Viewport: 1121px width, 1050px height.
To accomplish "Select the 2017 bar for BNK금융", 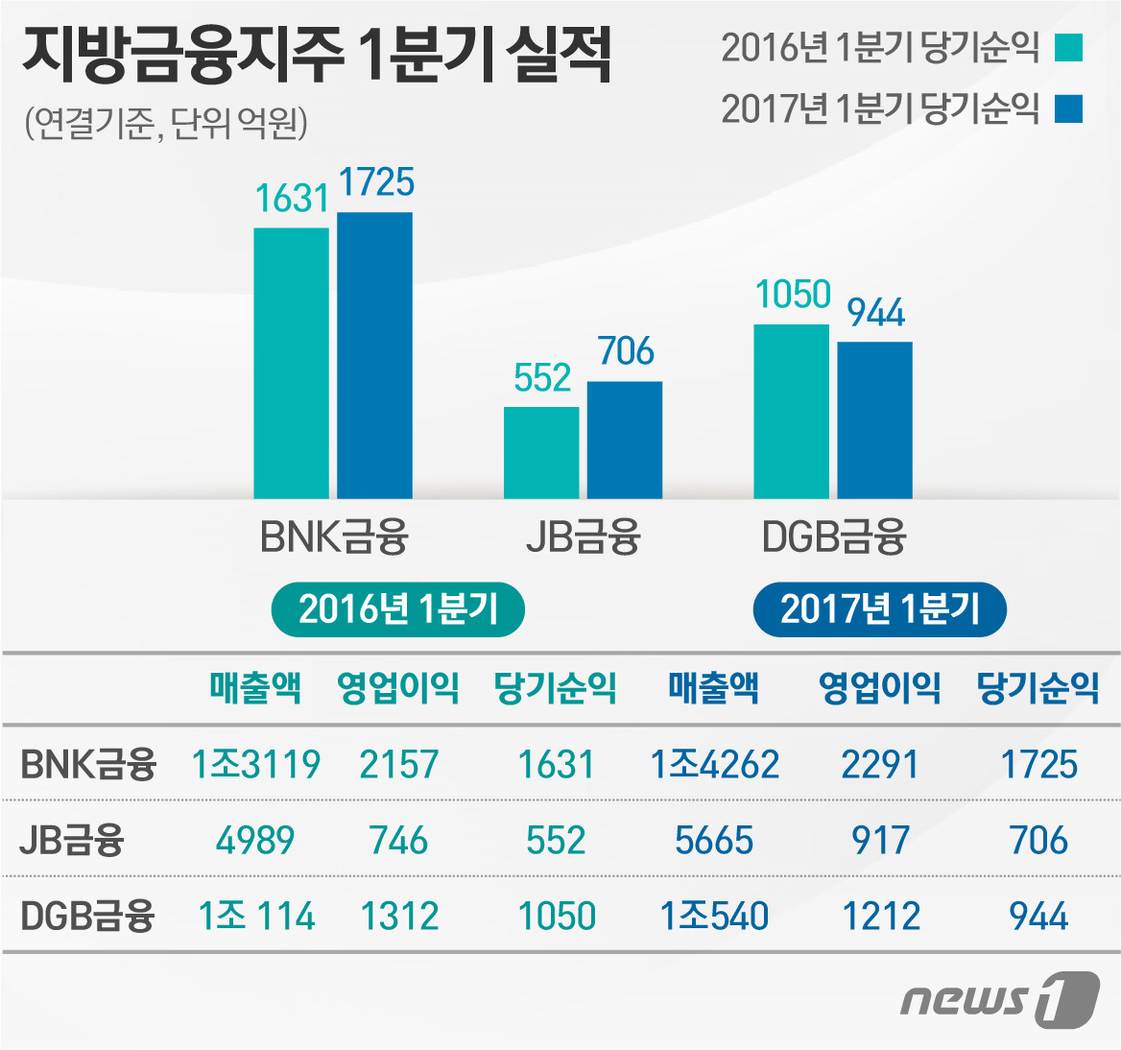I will pyautogui.click(x=374, y=355).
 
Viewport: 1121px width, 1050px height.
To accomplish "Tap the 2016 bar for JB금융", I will pyautogui.click(x=541, y=452).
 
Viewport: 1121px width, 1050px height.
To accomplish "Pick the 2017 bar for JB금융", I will pyautogui.click(x=625, y=440).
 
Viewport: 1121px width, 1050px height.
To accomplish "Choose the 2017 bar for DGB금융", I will pyautogui.click(x=874, y=419).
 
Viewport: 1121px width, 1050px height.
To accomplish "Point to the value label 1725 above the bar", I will pyautogui.click(x=376, y=182).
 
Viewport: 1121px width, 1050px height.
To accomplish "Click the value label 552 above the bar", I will pyautogui.click(x=542, y=378).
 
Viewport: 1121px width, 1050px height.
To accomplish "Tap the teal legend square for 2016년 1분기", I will pyautogui.click(x=1068, y=47).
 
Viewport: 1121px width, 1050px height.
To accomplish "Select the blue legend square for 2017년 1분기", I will pyautogui.click(x=1068, y=108).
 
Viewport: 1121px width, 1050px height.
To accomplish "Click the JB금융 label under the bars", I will pyautogui.click(x=583, y=537).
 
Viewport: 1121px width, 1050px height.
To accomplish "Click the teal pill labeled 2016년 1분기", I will pyautogui.click(x=398, y=609).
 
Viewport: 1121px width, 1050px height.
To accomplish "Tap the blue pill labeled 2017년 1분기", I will pyautogui.click(x=879, y=609).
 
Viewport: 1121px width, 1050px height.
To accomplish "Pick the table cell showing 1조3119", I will pyautogui.click(x=255, y=764).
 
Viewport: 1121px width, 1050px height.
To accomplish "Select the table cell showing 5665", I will pyautogui.click(x=714, y=841).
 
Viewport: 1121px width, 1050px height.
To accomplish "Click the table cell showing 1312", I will pyautogui.click(x=399, y=917).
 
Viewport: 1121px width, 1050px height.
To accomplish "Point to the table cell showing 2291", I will pyautogui.click(x=879, y=764).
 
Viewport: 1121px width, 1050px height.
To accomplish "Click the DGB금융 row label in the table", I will pyautogui.click(x=87, y=917).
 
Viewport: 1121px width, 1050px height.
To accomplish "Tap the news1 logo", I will pyautogui.click(x=998, y=1000).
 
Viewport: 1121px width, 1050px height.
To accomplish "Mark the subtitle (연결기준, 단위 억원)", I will pyautogui.click(x=165, y=124).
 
